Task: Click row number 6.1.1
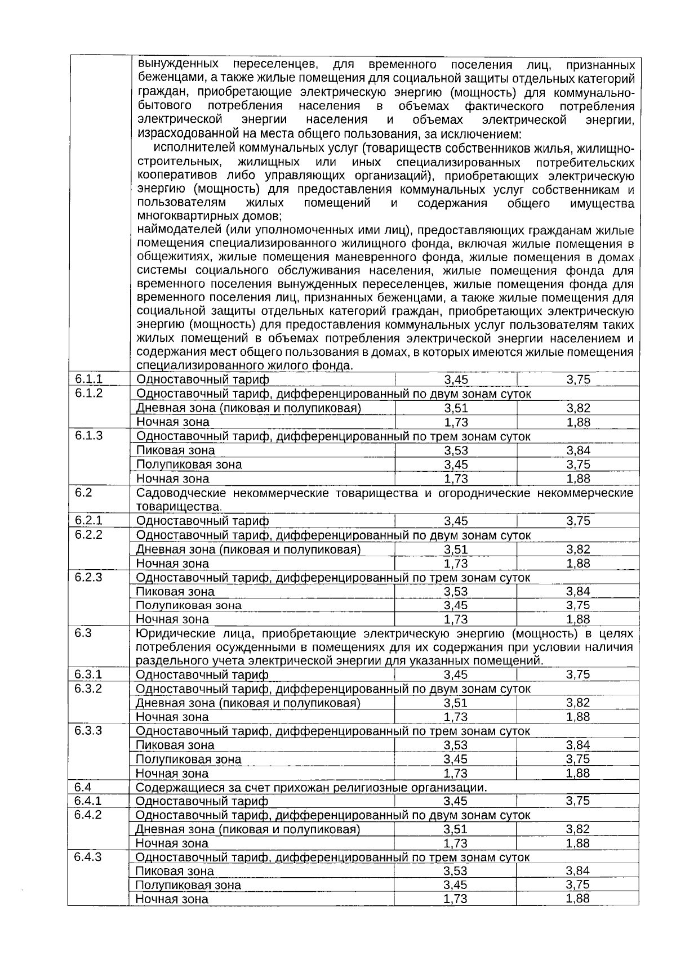[x=89, y=379]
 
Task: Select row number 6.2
[x=83, y=493]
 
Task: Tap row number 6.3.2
[x=88, y=688]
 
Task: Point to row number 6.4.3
[x=88, y=856]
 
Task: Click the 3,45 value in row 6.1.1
[x=456, y=380]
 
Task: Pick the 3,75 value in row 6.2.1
[x=578, y=521]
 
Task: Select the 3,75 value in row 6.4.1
[x=578, y=801]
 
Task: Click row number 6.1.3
[x=89, y=435]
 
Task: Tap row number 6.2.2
[x=89, y=534]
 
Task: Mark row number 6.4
[x=83, y=787]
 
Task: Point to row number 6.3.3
[x=88, y=730]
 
